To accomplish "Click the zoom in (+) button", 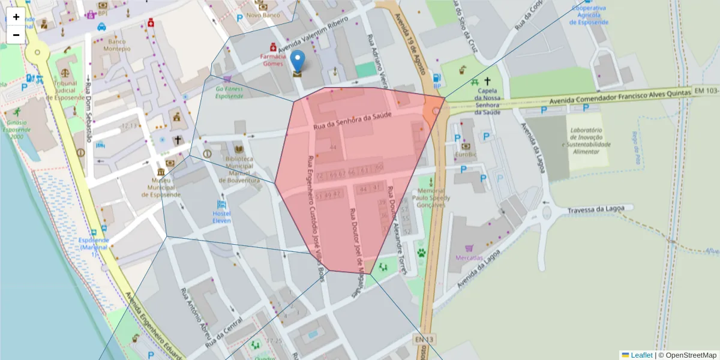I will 16,17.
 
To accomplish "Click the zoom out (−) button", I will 16,35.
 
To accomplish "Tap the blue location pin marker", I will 298,62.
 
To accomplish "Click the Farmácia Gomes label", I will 272,60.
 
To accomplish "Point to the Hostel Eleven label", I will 221,217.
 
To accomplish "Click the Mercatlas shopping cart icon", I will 469,248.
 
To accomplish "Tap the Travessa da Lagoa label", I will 601,209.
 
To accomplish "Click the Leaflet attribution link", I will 641,355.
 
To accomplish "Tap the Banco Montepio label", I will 116,45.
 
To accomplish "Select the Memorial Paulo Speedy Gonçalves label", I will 431,197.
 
